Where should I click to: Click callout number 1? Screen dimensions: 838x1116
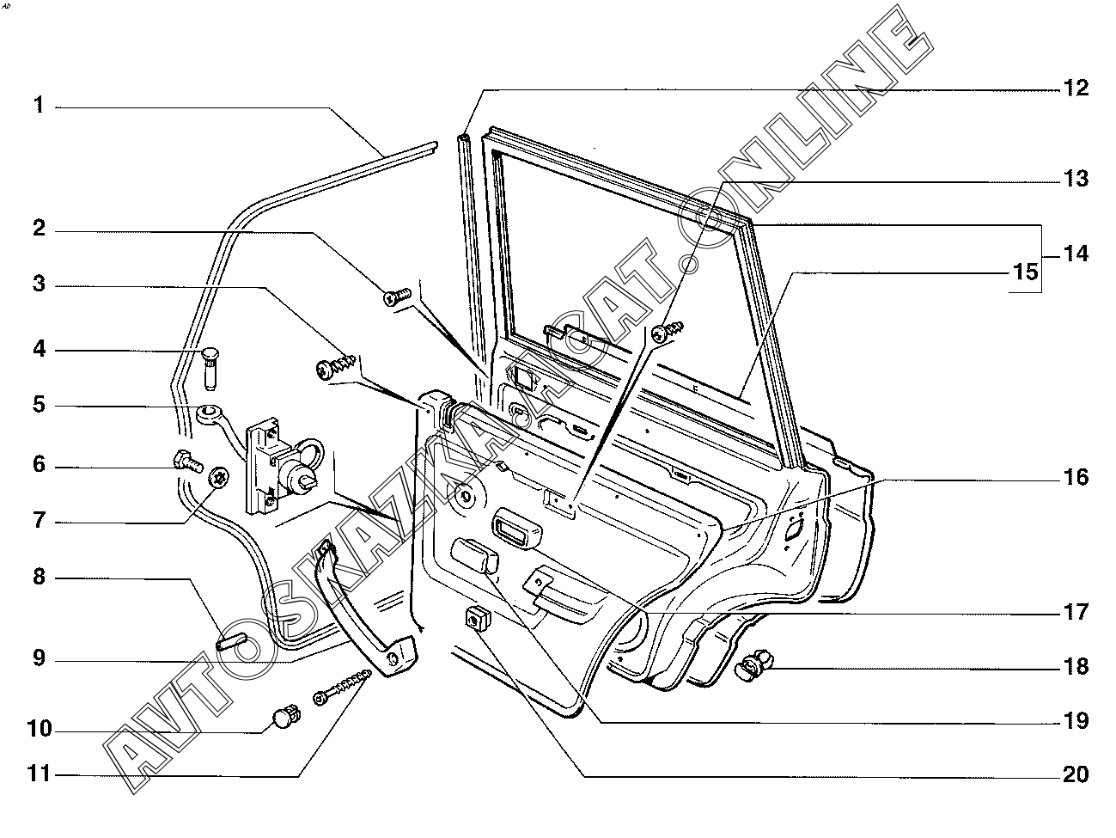click(38, 106)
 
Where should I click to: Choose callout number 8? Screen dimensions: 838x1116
click(38, 577)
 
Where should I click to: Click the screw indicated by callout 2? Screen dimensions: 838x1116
click(396, 297)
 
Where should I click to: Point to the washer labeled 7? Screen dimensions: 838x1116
click(220, 478)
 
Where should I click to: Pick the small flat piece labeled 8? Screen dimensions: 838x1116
click(231, 641)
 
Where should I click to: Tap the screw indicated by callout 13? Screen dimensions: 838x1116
click(669, 330)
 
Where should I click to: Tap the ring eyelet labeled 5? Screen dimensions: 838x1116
click(207, 415)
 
